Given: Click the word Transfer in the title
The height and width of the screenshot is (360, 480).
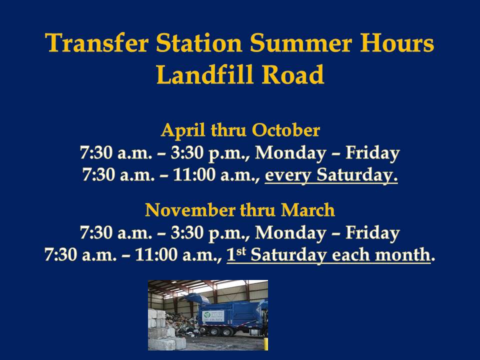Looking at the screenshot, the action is click(96, 43).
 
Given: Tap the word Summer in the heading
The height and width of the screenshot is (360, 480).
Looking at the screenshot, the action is click(300, 43).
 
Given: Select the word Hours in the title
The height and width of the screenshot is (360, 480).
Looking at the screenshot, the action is click(397, 43).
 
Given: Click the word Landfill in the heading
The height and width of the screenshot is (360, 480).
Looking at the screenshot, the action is click(205, 74).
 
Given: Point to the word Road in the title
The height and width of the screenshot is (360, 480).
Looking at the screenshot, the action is click(293, 74).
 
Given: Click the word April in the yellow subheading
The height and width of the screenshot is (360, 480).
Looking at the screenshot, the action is click(183, 130).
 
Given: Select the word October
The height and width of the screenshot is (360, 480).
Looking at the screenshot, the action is click(286, 130).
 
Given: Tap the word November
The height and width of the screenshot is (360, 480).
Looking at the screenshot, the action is click(190, 210).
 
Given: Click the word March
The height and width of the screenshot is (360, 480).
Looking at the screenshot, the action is click(307, 210).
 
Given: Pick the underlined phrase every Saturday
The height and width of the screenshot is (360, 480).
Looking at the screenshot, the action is click(331, 175).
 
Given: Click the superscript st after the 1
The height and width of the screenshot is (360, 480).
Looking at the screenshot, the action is click(241, 251).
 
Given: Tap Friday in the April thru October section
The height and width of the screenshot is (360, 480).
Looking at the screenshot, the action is click(372, 153).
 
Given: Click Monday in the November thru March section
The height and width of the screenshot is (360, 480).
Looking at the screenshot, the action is click(290, 233).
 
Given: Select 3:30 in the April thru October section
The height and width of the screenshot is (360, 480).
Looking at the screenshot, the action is click(187, 152).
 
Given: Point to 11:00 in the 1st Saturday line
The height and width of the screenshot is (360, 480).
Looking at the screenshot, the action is click(156, 254).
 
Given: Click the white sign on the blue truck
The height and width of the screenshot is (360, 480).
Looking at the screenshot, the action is click(213, 316).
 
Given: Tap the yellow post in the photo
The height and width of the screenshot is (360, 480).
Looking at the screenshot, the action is click(266, 344).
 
